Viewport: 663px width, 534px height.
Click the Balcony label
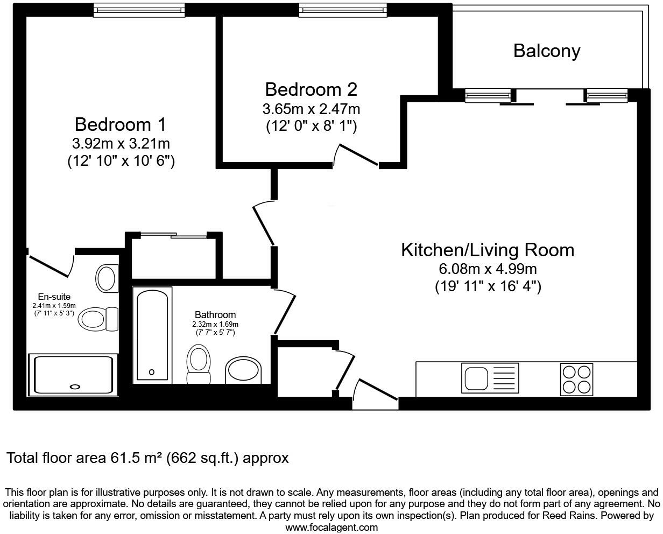546,51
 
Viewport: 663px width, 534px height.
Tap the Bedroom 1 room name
121,124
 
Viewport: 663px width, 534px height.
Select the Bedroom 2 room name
311,89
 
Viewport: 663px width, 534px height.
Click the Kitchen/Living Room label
488,250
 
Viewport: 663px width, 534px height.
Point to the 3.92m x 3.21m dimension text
121,143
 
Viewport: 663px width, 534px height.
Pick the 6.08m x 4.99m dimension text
488,269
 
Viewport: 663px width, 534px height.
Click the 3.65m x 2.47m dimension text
311,109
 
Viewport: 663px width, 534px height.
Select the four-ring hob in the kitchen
576,378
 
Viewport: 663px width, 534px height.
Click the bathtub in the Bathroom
152,335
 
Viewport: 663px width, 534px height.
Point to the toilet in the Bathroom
198,364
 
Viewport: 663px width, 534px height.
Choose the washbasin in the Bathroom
243,370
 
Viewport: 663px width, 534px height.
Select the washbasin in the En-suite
107,278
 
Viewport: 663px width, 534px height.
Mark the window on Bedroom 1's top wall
139,9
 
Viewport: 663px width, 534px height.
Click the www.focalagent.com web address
331,527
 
